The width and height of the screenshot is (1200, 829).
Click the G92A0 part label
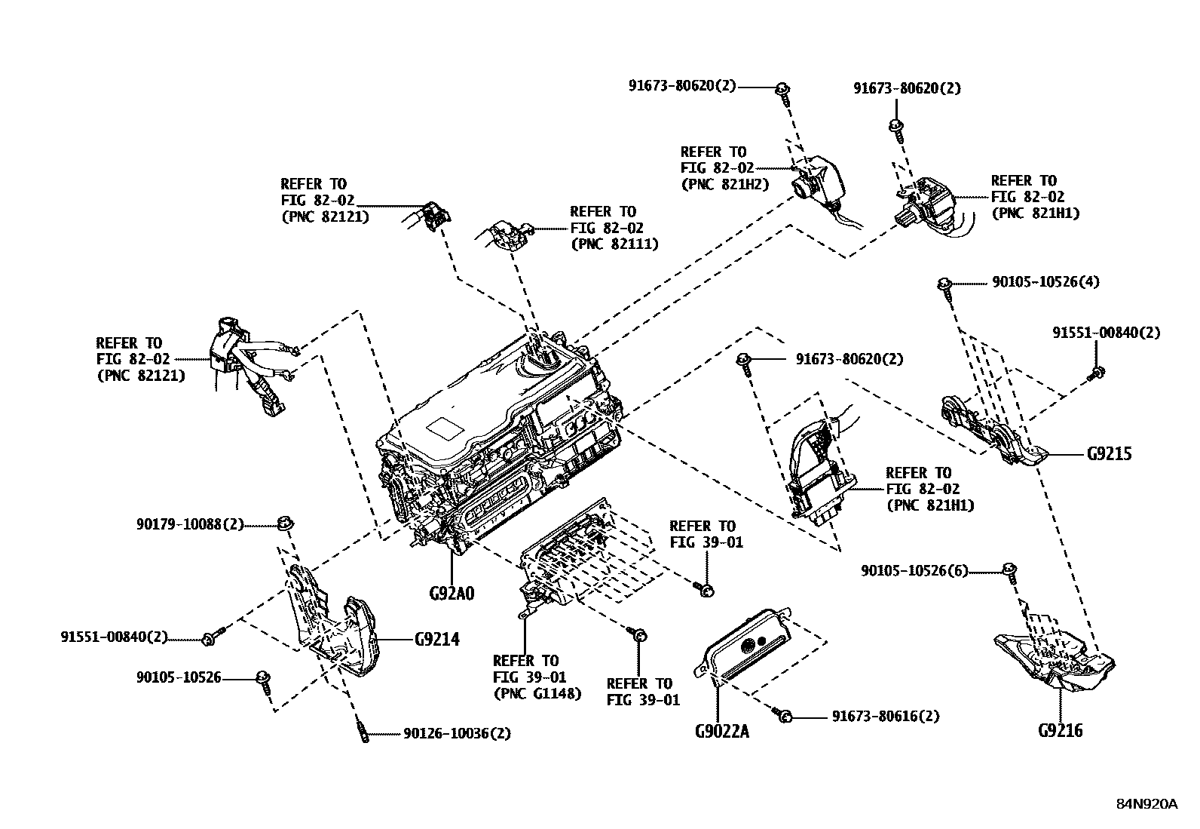(x=452, y=592)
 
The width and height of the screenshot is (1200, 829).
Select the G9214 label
(x=436, y=640)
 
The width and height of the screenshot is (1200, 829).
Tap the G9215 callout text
(x=1109, y=454)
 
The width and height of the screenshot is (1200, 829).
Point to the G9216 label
(x=1060, y=730)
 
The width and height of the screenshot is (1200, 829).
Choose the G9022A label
(x=721, y=732)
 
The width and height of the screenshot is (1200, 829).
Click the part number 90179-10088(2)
(x=190, y=523)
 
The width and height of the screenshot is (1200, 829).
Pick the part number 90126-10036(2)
(x=457, y=732)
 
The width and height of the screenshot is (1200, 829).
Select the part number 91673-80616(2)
(x=886, y=716)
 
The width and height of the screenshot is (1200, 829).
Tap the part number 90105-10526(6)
(x=914, y=571)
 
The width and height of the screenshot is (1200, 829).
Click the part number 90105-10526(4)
(x=1045, y=282)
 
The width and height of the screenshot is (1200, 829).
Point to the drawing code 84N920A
(x=1146, y=804)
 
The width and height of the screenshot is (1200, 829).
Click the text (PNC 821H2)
(x=724, y=184)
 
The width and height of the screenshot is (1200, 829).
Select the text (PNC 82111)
(x=614, y=244)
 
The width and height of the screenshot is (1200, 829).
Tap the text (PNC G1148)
(x=537, y=693)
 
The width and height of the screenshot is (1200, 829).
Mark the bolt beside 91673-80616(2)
(x=784, y=715)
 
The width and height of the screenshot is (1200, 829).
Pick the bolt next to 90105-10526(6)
(x=1010, y=570)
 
